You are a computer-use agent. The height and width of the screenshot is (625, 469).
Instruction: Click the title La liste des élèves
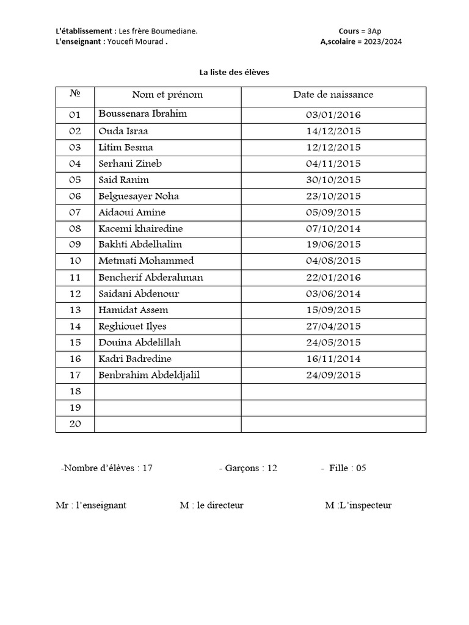pos(234,72)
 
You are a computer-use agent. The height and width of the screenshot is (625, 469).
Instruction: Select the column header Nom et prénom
pos(167,95)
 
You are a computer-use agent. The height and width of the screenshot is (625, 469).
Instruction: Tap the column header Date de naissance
pos(333,95)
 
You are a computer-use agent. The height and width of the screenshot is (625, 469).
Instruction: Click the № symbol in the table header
pos(75,94)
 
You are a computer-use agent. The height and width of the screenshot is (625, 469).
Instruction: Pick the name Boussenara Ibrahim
pos(143,114)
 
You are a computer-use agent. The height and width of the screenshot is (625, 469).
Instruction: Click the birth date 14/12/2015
pos(333,131)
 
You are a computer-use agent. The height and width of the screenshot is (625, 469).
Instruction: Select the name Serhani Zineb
pos(130,164)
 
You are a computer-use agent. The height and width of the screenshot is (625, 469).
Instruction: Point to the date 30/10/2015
pos(333,180)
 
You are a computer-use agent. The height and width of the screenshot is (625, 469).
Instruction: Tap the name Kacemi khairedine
pos(140,229)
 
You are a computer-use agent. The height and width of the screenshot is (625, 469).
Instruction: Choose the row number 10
pos(75,261)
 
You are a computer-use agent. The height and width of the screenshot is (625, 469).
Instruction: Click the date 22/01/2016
pos(333,278)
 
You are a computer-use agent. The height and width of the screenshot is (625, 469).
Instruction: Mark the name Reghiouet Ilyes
pos(133,327)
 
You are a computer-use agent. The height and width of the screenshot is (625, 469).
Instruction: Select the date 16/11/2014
pos(333,359)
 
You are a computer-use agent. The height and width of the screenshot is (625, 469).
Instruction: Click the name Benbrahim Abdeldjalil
pos(149,375)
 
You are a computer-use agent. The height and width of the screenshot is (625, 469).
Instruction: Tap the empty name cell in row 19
pos(167,408)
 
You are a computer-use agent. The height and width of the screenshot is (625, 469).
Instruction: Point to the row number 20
pos(75,424)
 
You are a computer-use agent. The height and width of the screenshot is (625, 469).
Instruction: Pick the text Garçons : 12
pos(248,468)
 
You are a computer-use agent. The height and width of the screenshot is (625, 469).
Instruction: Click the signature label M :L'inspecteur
pos(358,505)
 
